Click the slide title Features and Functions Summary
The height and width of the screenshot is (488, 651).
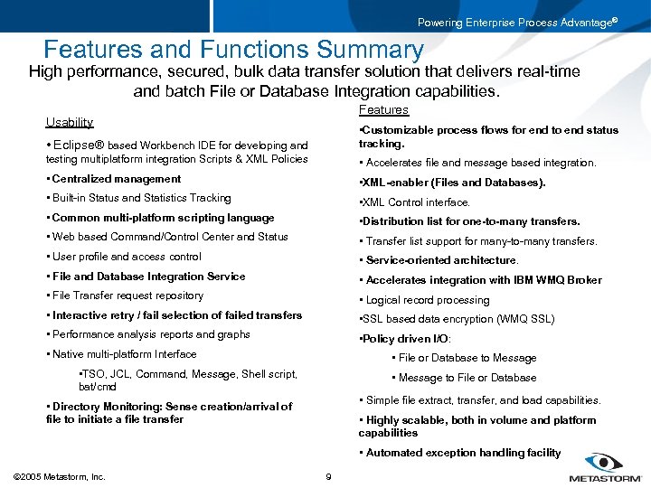233,50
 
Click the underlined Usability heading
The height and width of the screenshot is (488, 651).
70,122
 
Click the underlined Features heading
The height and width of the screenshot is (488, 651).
383,109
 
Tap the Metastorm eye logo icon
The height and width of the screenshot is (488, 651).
603,461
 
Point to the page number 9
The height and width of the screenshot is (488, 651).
327,476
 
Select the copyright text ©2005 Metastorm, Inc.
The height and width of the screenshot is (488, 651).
60,476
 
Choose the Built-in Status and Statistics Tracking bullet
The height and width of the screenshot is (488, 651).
141,198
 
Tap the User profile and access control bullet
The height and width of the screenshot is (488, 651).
127,257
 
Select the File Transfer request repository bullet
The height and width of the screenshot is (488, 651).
127,296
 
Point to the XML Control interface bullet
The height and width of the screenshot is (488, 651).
415,202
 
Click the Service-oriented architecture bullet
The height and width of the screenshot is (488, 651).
440,260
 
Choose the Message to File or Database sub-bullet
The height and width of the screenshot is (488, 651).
467,378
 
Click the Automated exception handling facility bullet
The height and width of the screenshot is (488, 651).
462,453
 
